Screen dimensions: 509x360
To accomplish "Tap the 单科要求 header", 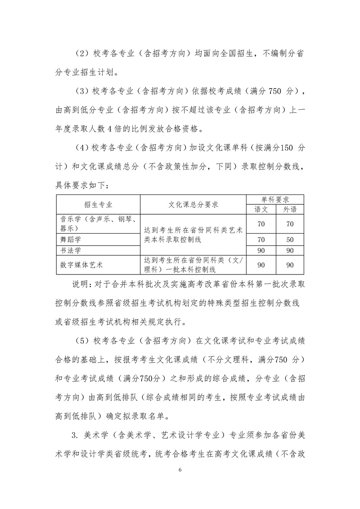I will coord(275,199).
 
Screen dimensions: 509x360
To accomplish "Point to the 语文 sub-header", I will coord(261,209).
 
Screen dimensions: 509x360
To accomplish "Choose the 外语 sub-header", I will coord(290,209).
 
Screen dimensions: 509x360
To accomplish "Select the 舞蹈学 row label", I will coord(71,239).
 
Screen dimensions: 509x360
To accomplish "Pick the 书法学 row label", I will coord(71,250).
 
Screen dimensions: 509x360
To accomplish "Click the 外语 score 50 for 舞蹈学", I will coord(290,239).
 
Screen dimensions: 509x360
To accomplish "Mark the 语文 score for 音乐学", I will coord(261,223).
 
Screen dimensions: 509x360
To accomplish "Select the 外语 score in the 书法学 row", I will coord(290,250).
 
